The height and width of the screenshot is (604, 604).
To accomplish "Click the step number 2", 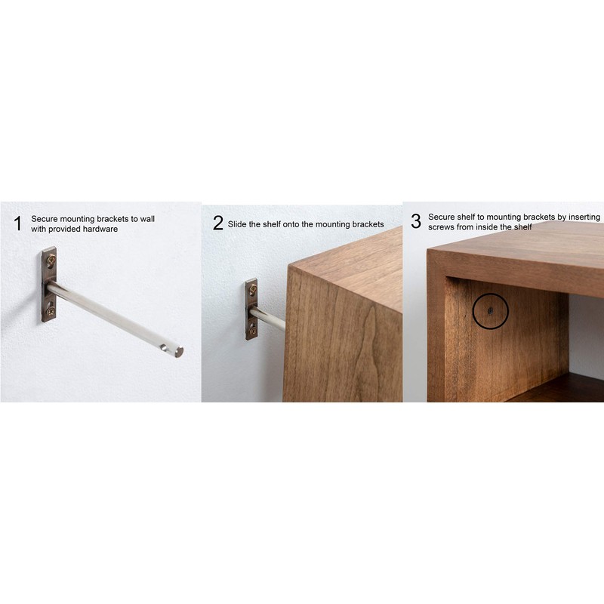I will [x=217, y=223].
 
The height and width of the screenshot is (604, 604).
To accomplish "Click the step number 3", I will [x=415, y=221].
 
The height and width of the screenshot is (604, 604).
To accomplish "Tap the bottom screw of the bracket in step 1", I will [x=51, y=310].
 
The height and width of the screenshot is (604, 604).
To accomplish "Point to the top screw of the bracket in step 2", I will [x=252, y=288].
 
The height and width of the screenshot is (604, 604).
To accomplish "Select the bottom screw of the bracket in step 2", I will [x=252, y=330].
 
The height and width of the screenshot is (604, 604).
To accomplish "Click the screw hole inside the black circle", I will [x=490, y=310].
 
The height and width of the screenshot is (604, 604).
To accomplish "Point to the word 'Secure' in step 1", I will [x=45, y=219].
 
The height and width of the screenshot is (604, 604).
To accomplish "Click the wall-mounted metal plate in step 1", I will [x=49, y=285].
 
